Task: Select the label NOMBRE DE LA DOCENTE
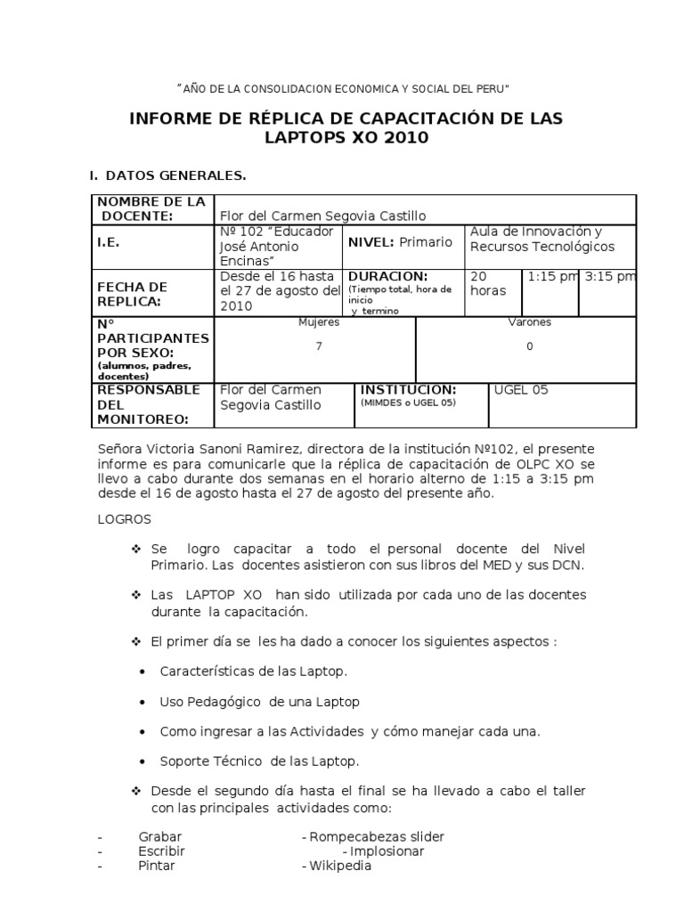pos(151,209)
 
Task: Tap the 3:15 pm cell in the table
pos(609,277)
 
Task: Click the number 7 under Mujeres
pos(318,346)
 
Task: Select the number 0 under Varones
pos(529,346)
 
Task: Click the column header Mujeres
pos(318,322)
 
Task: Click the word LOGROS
pos(125,518)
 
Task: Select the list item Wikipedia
pos(339,866)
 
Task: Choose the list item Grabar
pos(160,836)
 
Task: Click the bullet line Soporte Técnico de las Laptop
pos(258,761)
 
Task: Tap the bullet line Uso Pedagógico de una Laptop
pos(259,702)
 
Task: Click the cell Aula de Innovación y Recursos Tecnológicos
pos(541,239)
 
